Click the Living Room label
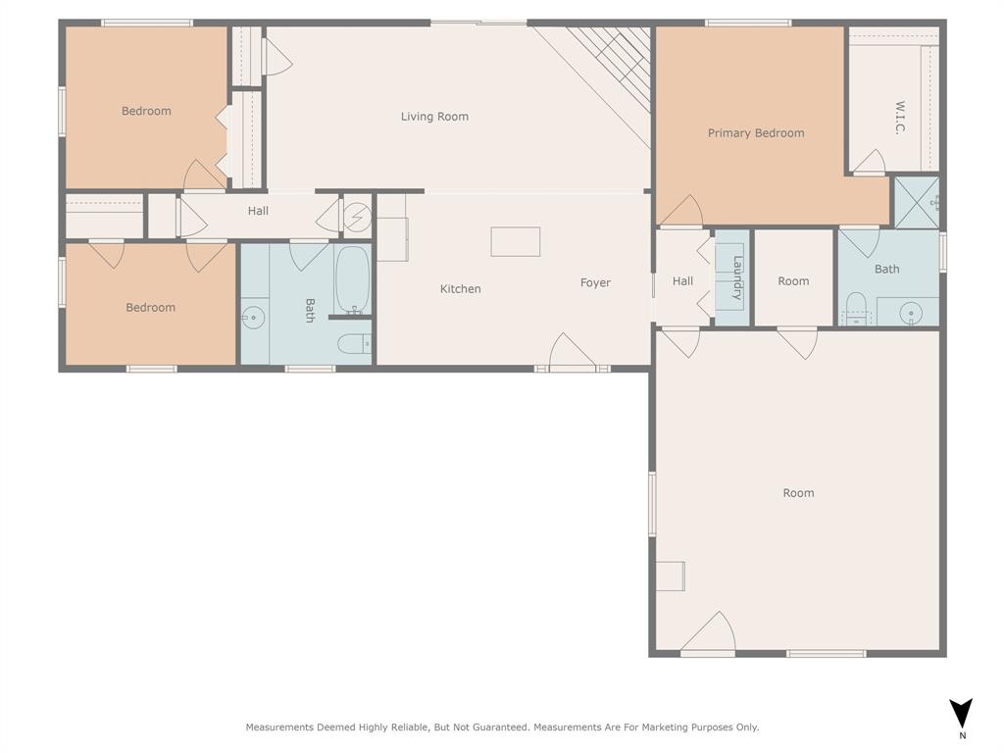tap(434, 117)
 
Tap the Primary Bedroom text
tap(756, 133)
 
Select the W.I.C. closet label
tap(899, 117)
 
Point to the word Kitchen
tap(460, 289)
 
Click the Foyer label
tap(595, 283)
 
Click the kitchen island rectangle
tap(516, 242)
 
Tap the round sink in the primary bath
tap(913, 314)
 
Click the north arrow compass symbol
tap(962, 714)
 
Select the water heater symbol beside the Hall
tap(357, 216)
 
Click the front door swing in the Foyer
tap(571, 353)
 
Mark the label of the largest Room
tap(798, 493)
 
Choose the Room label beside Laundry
tap(793, 281)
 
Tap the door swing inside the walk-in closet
tap(868, 163)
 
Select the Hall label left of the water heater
tap(258, 211)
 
